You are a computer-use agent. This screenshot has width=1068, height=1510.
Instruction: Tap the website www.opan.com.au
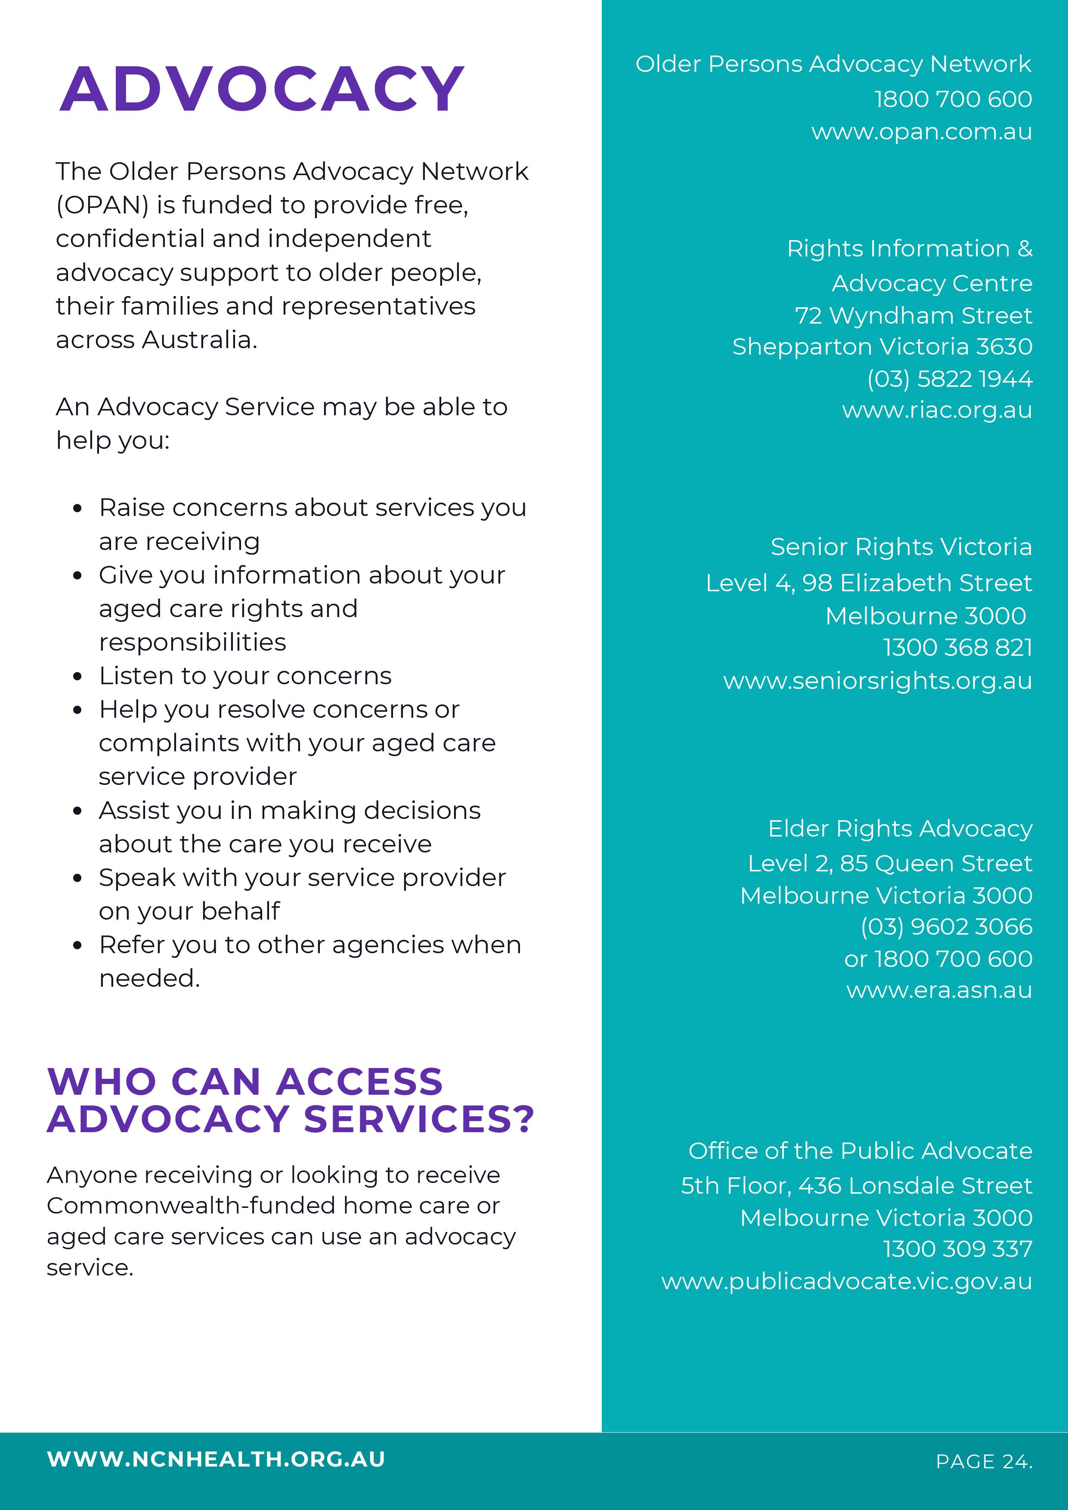[x=921, y=132]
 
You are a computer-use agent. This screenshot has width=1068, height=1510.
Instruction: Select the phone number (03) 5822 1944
[x=950, y=379]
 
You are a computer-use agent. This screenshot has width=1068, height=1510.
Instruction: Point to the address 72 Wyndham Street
[x=913, y=316]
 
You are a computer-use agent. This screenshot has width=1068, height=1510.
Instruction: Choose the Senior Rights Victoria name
[x=901, y=547]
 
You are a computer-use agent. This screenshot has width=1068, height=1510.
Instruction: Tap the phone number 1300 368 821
[x=957, y=648]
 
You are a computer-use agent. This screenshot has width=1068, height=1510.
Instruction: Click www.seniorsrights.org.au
[x=877, y=681]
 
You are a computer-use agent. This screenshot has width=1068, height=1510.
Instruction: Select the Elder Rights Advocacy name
[x=900, y=829]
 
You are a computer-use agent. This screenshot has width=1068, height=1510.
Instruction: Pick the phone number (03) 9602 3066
[x=946, y=926]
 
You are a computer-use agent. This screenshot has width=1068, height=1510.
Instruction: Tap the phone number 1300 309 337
[x=957, y=1249]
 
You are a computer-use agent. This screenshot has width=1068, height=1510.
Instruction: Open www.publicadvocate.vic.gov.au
[x=846, y=1281]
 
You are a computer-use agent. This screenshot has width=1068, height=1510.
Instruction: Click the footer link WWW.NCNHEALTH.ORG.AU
[x=216, y=1459]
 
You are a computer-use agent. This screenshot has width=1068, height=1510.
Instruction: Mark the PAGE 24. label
[x=984, y=1461]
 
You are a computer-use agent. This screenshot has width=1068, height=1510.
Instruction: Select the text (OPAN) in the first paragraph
[x=102, y=205]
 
